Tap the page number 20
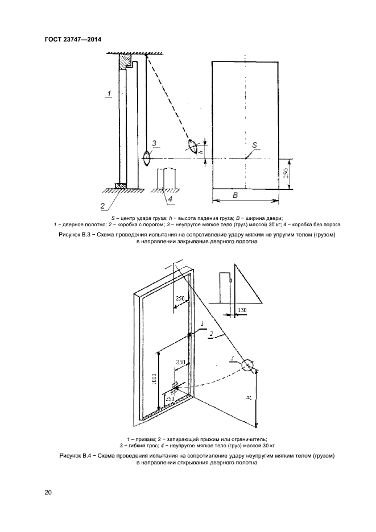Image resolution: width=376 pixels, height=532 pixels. [x=48, y=492]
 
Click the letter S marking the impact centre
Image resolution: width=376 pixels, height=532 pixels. [x=255, y=145]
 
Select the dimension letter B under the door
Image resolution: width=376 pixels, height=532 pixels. [x=234, y=195]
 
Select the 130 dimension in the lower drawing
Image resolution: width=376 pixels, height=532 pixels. [x=242, y=310]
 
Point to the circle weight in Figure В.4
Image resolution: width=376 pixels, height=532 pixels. [x=248, y=365]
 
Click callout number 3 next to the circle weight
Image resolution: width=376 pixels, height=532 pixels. [x=233, y=357]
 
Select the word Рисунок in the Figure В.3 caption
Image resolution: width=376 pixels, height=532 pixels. [x=71, y=234]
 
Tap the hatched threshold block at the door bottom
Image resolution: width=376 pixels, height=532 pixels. [x=120, y=185]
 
